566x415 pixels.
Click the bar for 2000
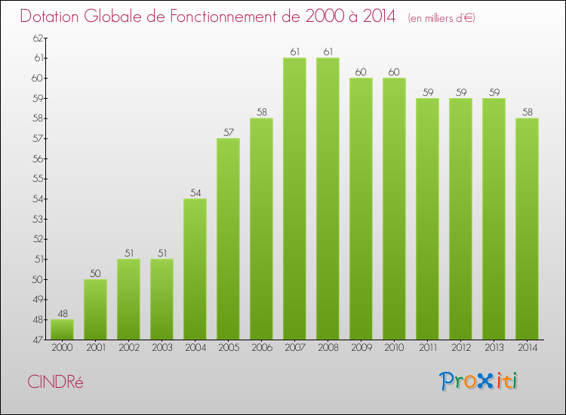tap(62, 330)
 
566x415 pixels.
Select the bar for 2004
tap(195, 269)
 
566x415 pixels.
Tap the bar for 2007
tap(294, 198)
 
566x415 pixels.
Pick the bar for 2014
tap(527, 229)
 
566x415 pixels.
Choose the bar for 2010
tap(394, 209)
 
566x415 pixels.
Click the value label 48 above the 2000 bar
tap(62, 314)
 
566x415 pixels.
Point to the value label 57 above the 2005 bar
tap(228, 133)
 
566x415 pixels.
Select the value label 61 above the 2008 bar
tap(328, 52)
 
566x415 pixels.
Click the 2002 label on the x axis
tap(128, 348)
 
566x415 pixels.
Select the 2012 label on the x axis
tap(460, 348)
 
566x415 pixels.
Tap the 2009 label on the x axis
tap(361, 348)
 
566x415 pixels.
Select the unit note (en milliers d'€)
tap(441, 17)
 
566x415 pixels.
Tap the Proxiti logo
tap(478, 381)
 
